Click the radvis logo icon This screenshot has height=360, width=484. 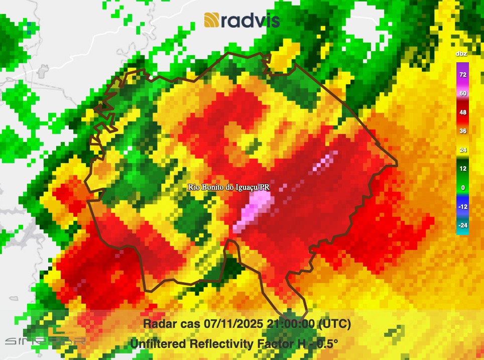point(211,20)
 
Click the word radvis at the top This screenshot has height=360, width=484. point(250,21)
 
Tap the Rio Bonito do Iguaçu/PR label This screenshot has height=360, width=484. point(229,187)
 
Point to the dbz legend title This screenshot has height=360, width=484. point(461,54)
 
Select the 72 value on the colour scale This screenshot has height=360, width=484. point(462,75)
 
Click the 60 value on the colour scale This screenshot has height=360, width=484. point(462,93)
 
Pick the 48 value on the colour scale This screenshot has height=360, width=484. point(462,112)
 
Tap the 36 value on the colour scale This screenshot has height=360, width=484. point(462,131)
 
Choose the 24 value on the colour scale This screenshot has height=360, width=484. point(462,150)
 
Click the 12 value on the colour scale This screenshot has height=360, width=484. point(462,169)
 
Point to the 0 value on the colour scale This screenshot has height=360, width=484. point(462,188)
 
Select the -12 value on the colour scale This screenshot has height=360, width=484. point(462,206)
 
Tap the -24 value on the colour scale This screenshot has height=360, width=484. point(462,225)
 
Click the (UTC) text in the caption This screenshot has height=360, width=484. point(334,324)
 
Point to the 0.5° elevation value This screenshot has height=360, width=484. point(326,344)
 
